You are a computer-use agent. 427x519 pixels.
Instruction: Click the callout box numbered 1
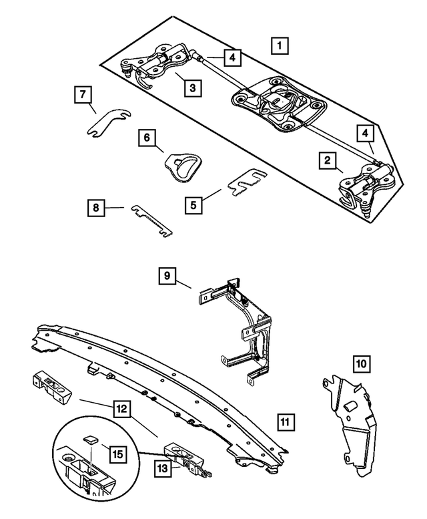[280, 46]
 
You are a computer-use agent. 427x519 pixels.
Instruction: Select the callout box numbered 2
[328, 160]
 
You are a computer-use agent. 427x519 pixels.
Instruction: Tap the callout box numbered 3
[191, 86]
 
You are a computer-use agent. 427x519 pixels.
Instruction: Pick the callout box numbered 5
[193, 204]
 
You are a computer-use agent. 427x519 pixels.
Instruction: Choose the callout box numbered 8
[96, 209]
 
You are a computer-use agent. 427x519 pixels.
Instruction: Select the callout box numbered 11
[284, 421]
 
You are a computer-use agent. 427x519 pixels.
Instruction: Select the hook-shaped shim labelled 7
[107, 124]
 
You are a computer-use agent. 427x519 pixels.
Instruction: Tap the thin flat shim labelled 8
[153, 220]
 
